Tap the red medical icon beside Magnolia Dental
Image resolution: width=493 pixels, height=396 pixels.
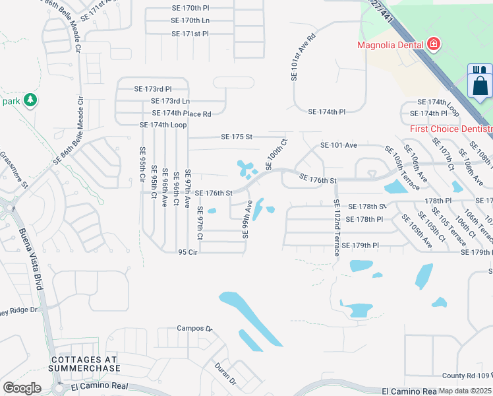pyautogui.click(x=434, y=45)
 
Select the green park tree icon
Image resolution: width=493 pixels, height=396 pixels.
pyautogui.click(x=30, y=100)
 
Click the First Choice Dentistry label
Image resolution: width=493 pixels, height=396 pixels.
pyautogui.click(x=451, y=129)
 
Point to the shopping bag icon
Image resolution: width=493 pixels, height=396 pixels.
pyautogui.click(x=480, y=85)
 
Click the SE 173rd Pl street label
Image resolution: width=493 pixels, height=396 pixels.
pyautogui.click(x=153, y=88)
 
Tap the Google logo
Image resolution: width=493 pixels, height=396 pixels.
pyautogui.click(x=22, y=388)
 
